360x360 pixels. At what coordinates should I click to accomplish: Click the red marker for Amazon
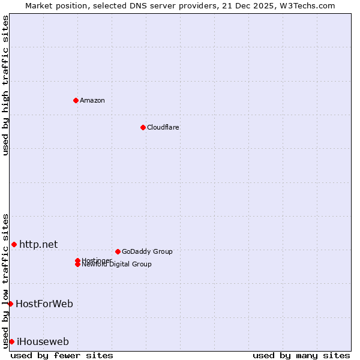76,100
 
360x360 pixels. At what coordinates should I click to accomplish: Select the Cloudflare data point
143,127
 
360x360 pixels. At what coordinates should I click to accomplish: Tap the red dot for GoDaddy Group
118,251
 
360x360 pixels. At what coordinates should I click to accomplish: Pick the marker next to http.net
14,244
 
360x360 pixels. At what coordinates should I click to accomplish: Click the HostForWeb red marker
10,304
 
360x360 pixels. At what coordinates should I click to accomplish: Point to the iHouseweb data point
11,341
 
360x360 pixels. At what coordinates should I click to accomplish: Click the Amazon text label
92,100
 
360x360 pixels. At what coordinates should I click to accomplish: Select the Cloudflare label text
163,127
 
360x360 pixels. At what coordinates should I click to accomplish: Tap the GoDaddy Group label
147,251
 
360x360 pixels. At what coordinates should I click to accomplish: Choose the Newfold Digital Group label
117,265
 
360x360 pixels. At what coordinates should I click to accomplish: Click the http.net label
38,244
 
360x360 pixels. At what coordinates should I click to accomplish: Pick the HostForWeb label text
44,304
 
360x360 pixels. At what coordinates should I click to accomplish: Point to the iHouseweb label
43,342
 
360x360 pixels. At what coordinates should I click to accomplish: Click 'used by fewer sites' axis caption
62,355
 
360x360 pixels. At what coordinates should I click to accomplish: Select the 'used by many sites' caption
301,355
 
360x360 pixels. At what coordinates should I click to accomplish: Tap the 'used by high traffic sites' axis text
5,85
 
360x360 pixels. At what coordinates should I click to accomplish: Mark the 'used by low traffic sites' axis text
5,281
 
